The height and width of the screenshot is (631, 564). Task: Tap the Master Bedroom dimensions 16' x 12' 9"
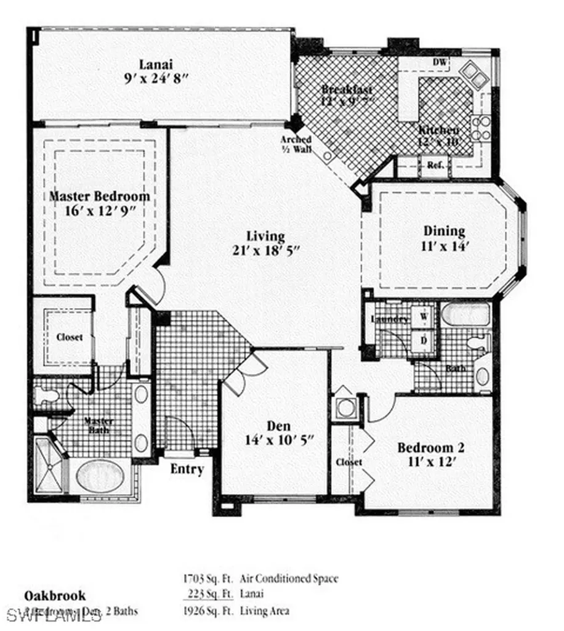tap(99, 211)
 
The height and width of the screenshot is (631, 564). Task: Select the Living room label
tap(265, 236)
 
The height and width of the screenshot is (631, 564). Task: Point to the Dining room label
tap(444, 231)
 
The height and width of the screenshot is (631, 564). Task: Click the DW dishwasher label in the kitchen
tap(440, 62)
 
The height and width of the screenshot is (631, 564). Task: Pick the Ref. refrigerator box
tap(436, 165)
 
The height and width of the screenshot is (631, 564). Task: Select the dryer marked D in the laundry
tap(424, 340)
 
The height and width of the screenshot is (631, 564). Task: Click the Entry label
tap(187, 469)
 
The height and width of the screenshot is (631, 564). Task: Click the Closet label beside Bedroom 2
tap(348, 462)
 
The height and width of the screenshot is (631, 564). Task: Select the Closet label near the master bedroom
tap(69, 338)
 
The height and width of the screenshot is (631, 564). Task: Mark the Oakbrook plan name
tap(55, 595)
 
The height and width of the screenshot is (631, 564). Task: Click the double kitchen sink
tap(475, 73)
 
